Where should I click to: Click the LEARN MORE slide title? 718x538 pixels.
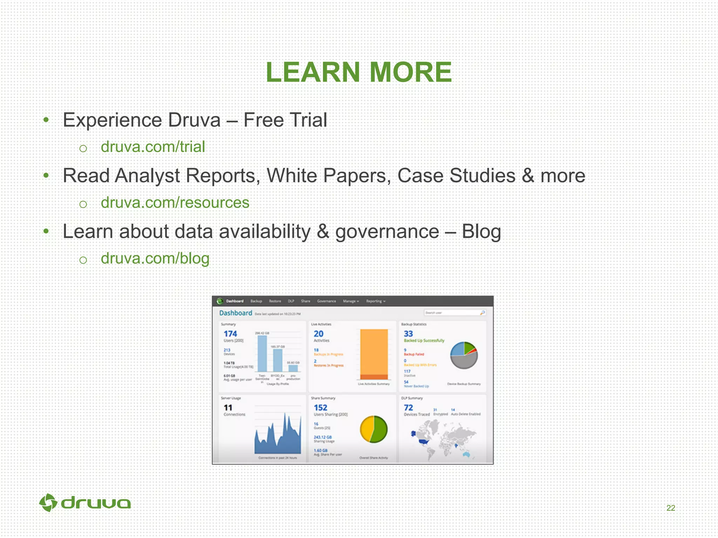tap(359, 72)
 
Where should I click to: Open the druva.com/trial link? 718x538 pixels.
tap(153, 147)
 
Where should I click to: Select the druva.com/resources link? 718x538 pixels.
tap(175, 202)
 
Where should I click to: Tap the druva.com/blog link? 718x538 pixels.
tap(155, 258)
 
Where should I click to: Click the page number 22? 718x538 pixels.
tap(671, 508)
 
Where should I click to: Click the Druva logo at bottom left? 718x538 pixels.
tap(85, 503)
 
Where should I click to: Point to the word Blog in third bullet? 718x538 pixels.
tap(481, 232)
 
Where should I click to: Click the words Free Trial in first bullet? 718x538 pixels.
tap(285, 120)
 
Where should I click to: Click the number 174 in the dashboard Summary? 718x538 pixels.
tap(230, 334)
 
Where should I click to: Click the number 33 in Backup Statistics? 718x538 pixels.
tap(408, 334)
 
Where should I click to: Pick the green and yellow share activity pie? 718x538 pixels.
tap(374, 429)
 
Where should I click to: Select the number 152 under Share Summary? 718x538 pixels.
tap(320, 408)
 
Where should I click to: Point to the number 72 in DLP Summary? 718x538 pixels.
tap(408, 408)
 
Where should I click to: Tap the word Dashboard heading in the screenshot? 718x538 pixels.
tap(236, 313)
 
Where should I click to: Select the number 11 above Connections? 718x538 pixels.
tap(228, 408)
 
